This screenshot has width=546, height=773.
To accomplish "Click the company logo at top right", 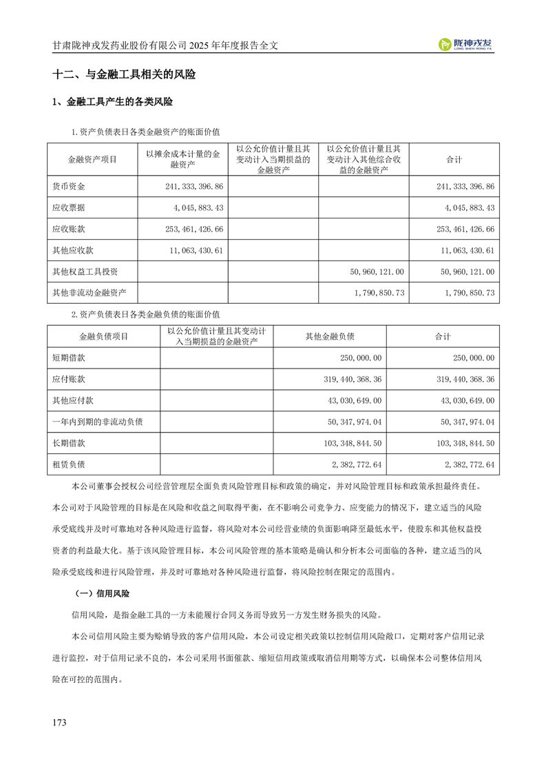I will tap(470, 44).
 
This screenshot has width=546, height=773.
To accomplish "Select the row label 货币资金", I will tap(69, 187).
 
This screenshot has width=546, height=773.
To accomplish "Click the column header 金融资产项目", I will tap(92, 159).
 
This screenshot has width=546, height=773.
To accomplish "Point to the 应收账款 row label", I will tap(69, 229).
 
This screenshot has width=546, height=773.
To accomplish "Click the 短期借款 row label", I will tap(69, 358).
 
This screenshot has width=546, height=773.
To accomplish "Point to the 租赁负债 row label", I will tap(69, 464).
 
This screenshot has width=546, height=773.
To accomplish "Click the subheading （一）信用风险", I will tap(102, 593).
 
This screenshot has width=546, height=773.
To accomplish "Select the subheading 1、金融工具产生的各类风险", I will tap(112, 103).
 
